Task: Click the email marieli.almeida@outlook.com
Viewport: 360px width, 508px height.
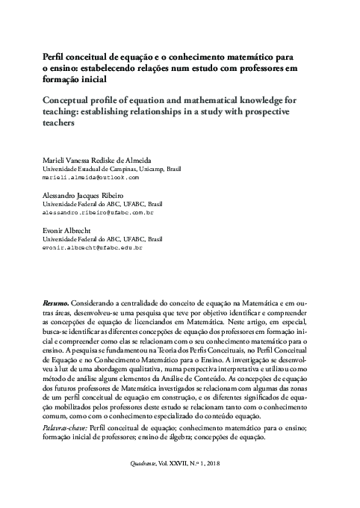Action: click(x=90, y=179)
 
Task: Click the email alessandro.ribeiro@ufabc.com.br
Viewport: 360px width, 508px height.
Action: click(x=97, y=212)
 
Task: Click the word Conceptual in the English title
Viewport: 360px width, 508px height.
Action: click(x=70, y=100)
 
